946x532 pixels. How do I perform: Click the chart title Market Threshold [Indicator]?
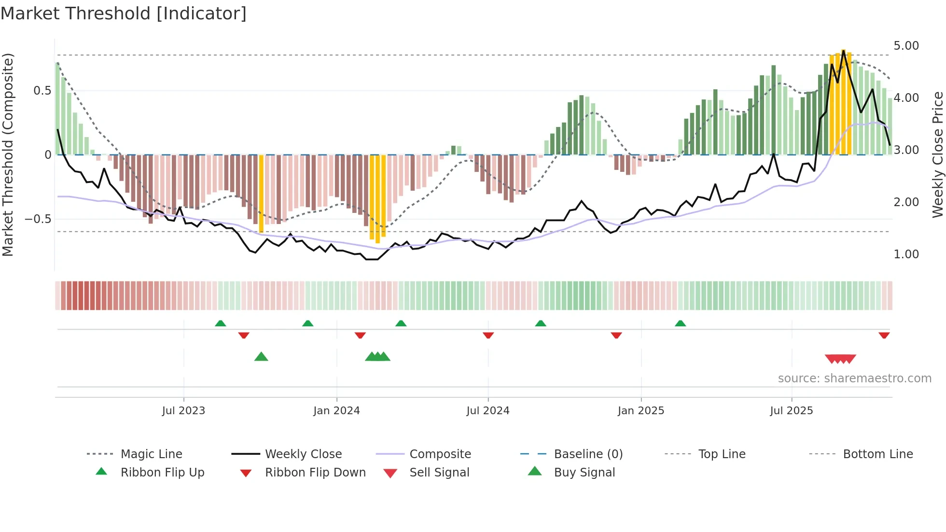point(124,14)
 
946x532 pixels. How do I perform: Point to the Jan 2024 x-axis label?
point(336,411)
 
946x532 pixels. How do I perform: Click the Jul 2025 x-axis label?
point(791,411)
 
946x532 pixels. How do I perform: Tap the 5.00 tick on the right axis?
point(906,46)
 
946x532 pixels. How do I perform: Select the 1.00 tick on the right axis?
point(906,254)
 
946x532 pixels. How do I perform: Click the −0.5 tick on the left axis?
point(38,219)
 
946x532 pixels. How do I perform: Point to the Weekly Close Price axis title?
point(937,154)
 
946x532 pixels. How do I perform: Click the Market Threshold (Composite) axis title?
point(8,154)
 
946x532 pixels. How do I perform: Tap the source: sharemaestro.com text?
point(854,378)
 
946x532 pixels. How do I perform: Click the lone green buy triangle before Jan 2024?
point(261,357)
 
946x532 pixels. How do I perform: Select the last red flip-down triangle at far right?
point(884,336)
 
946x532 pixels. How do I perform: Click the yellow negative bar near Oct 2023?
point(261,193)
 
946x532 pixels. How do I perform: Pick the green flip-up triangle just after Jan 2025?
point(680,323)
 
